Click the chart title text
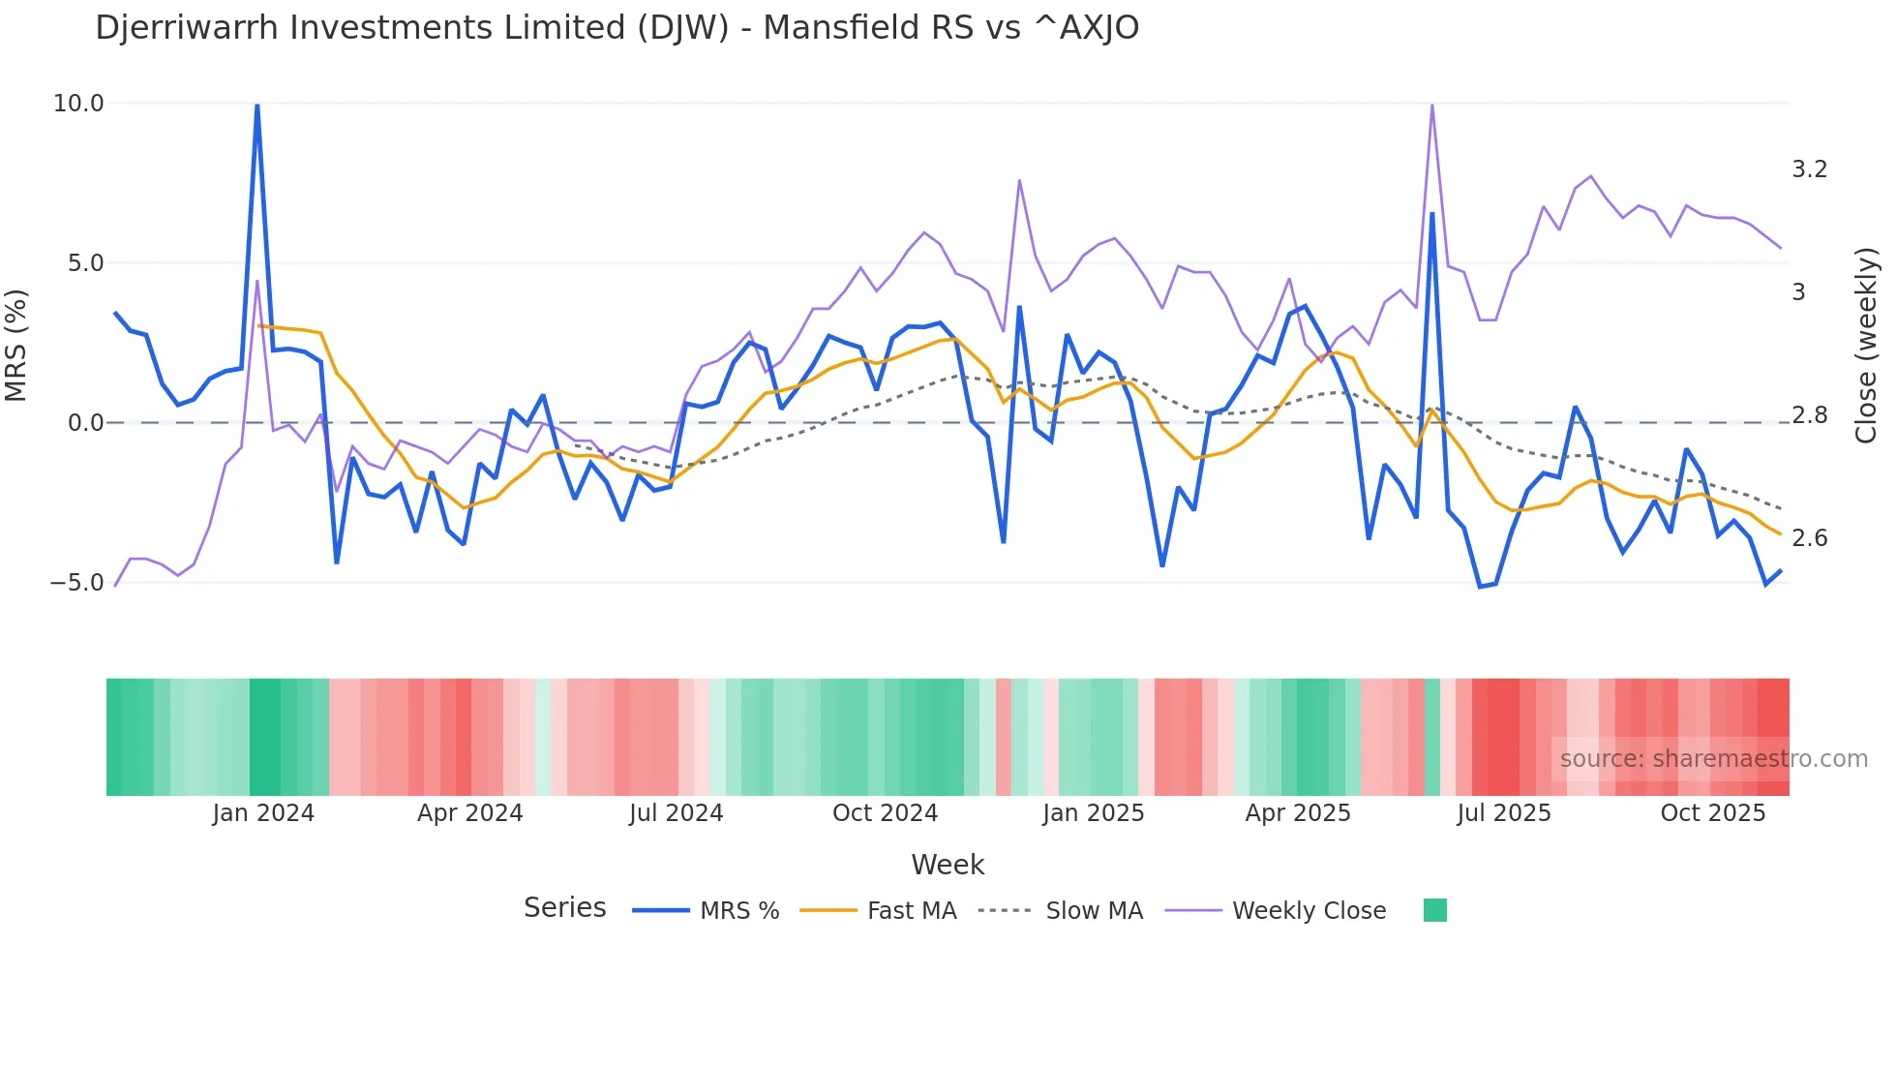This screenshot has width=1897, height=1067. (617, 28)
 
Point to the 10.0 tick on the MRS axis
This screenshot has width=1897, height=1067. (77, 104)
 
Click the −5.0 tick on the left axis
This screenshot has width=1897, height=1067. (76, 583)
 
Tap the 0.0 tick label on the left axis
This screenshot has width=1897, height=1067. (85, 423)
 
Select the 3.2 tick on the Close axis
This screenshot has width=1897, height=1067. (1809, 169)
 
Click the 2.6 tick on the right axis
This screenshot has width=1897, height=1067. (1809, 538)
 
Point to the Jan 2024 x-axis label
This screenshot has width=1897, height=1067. (263, 813)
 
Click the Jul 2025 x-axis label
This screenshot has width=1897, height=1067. (1503, 813)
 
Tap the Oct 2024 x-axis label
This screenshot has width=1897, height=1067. (885, 813)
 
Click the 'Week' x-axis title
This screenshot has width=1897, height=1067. (948, 865)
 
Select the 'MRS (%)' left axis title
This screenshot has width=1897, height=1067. (16, 346)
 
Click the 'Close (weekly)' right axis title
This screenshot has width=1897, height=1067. (1866, 346)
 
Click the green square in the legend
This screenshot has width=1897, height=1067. (1434, 910)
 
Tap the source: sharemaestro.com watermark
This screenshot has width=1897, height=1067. (1713, 759)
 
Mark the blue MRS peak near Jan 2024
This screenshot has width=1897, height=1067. (256, 106)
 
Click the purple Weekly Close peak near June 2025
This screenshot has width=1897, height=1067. (1431, 106)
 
